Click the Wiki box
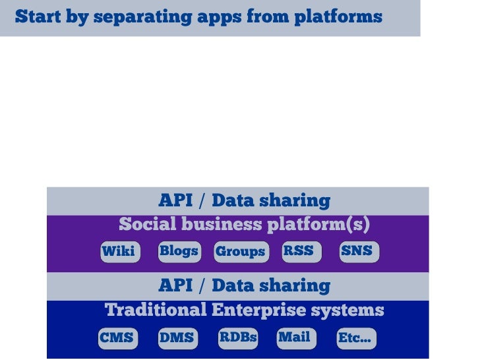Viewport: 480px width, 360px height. (119, 251)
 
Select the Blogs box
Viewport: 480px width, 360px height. (179, 251)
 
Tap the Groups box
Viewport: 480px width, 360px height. (240, 252)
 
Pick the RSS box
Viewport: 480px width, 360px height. (298, 251)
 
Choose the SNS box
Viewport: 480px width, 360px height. (357, 251)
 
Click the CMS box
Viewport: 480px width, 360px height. (117, 338)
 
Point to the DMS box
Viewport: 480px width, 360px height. (177, 338)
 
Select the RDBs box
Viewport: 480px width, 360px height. (238, 338)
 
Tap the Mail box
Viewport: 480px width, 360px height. (294, 338)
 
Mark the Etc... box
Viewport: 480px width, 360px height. (355, 338)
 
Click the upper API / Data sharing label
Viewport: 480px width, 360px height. (244, 200)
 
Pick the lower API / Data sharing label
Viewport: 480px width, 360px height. (244, 285)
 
